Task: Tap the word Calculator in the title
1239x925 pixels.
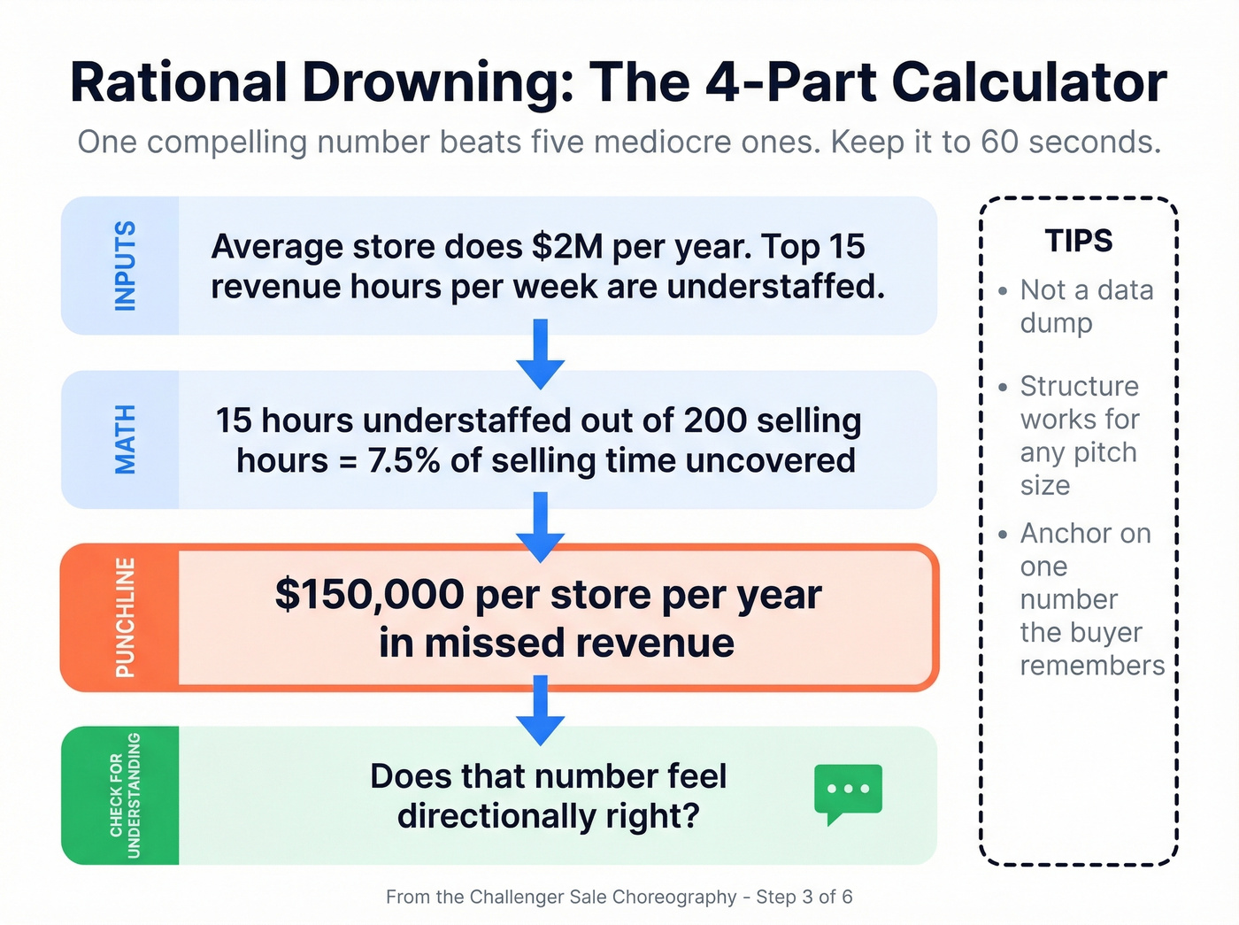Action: point(1029,82)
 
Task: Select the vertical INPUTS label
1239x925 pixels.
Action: point(126,266)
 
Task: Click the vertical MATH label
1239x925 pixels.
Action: point(126,439)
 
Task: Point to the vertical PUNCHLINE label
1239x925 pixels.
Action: point(126,617)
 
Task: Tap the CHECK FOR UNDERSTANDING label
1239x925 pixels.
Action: point(125,795)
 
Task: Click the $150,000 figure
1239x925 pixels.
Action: point(369,594)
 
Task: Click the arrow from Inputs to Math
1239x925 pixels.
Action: point(541,353)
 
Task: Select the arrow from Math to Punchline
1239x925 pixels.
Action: point(541,526)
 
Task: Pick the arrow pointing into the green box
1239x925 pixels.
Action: point(541,709)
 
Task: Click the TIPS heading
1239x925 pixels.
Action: point(1079,241)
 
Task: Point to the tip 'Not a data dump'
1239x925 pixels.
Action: point(1086,306)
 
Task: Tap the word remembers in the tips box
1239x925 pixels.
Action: point(1092,665)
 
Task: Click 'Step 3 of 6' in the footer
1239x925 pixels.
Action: point(805,897)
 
